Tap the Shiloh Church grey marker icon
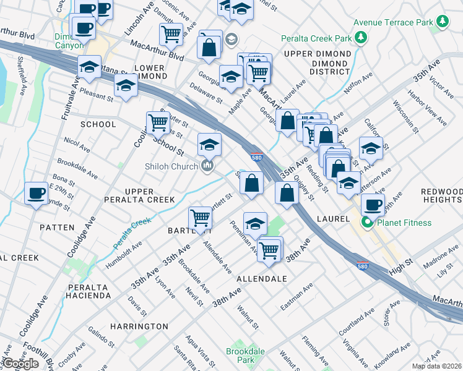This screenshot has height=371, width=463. (x=207, y=166)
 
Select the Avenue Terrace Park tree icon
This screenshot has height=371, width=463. (x=442, y=22)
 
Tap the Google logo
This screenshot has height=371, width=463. (x=20, y=364)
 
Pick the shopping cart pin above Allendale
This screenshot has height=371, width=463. (x=269, y=249)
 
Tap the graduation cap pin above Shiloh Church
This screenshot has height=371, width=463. (x=209, y=145)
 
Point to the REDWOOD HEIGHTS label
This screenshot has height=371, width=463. (x=441, y=196)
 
